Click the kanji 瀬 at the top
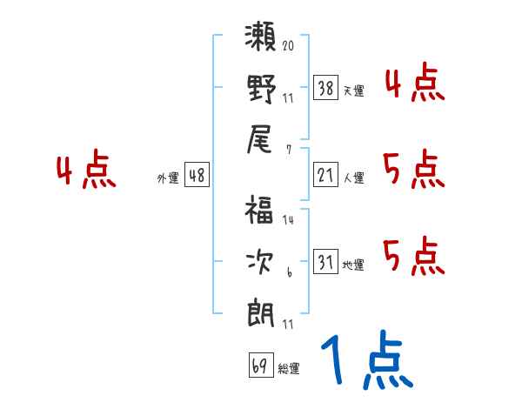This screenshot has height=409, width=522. [261, 37]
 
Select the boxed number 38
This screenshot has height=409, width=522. [326, 87]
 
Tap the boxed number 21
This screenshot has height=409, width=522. [326, 175]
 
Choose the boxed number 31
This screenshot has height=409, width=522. [326, 262]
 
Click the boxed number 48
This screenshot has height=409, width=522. [197, 175]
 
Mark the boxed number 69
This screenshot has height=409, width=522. [259, 365]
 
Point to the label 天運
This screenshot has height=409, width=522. [353, 91]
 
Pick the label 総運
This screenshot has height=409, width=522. [288, 369]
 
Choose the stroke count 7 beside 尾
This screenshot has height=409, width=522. [288, 149]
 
